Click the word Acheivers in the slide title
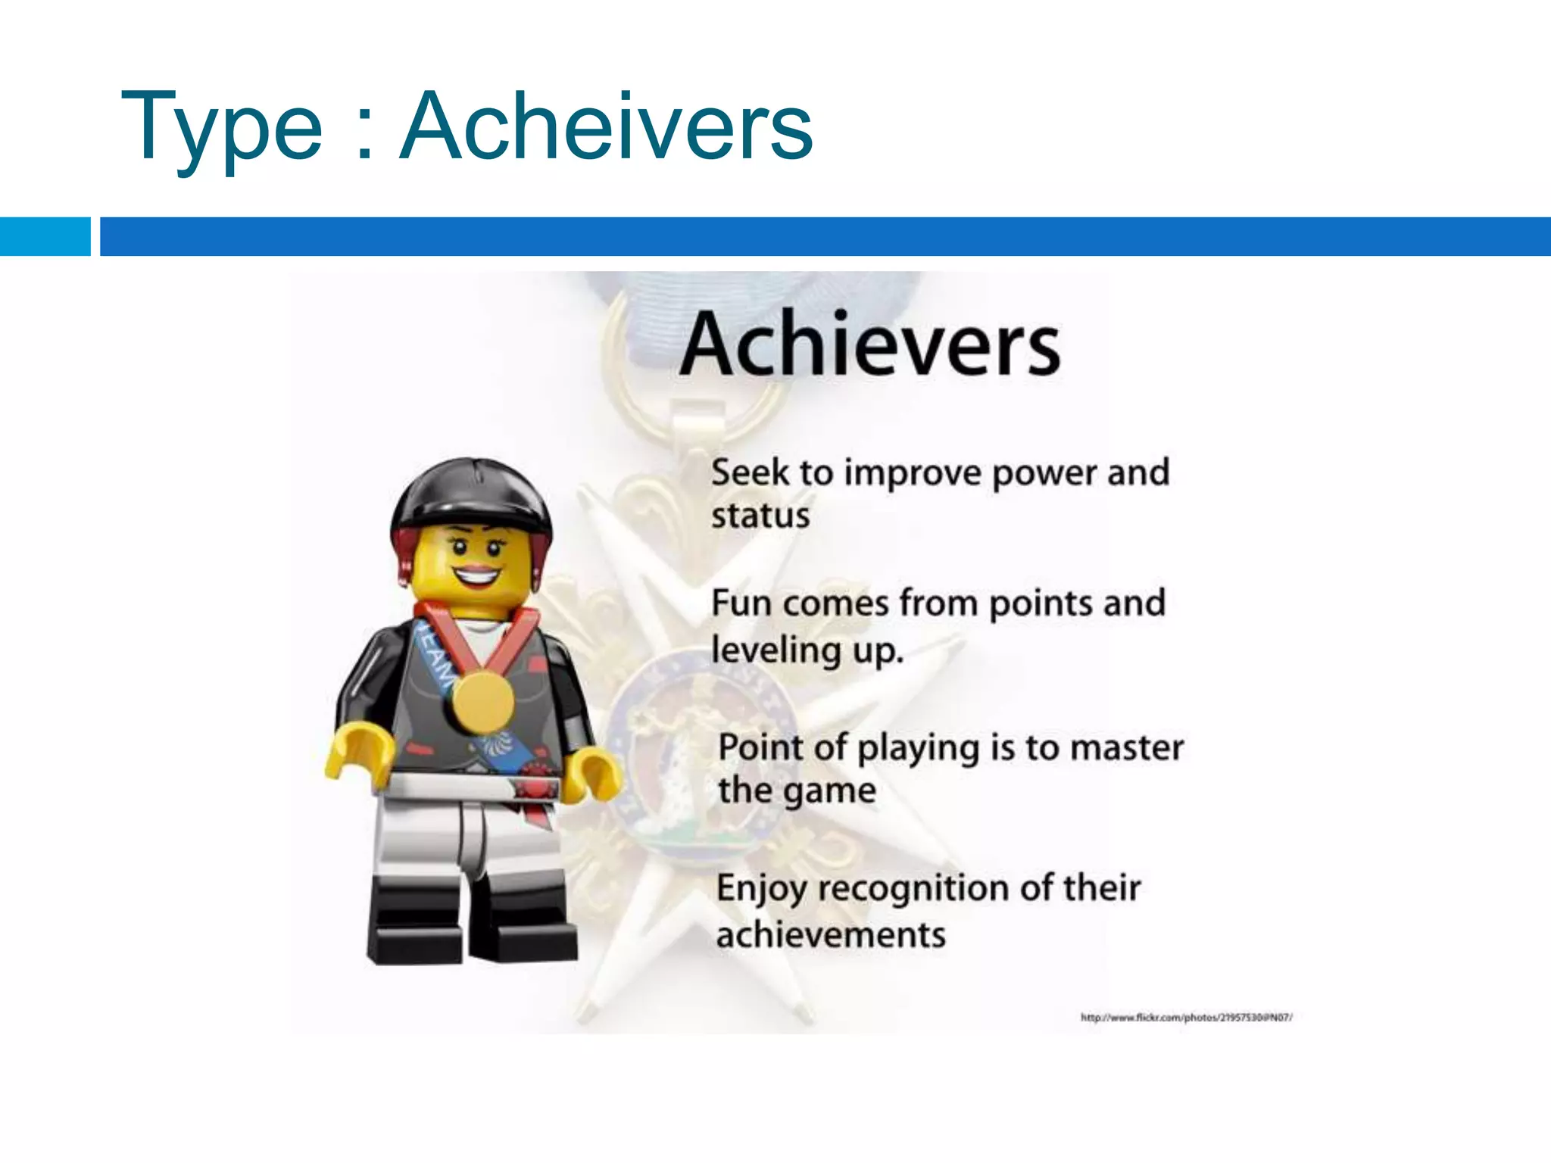point(606,126)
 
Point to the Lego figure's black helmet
point(471,492)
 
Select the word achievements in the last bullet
point(831,935)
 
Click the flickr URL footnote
point(1186,1018)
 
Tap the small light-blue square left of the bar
point(45,236)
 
